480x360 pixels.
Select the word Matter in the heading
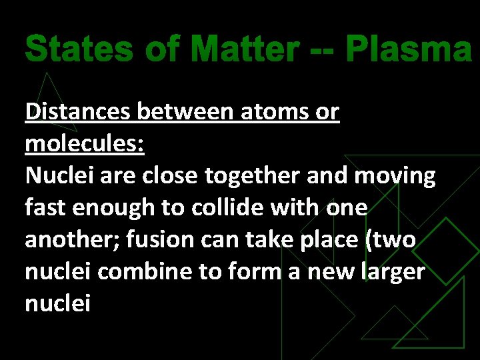tap(243, 49)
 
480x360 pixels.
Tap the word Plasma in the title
tap(409, 49)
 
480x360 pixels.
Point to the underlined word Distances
tap(78, 112)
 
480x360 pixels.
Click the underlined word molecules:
tap(85, 143)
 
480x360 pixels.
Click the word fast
tap(45, 207)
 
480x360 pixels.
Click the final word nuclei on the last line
tap(57, 303)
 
